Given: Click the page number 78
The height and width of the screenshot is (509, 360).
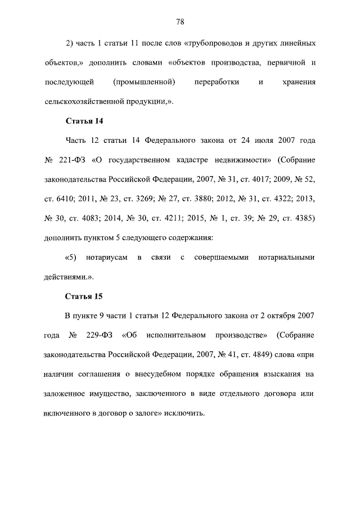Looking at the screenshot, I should (x=180, y=22).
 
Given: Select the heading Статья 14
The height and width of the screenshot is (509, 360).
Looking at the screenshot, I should (x=84, y=121).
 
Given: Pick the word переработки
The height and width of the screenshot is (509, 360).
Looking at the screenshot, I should (x=217, y=82).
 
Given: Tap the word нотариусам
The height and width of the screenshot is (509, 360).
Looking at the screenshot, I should (x=107, y=258).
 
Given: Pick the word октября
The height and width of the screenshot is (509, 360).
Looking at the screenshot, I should (x=271, y=316).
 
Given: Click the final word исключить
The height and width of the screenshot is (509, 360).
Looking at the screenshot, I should (x=182, y=413).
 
